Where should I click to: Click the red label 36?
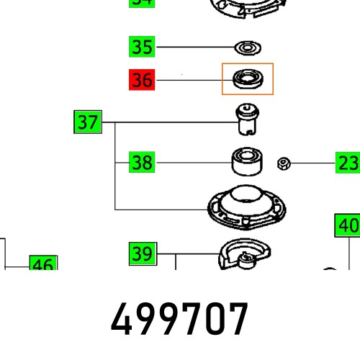pyautogui.click(x=142, y=79)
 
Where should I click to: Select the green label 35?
pyautogui.click(x=142, y=48)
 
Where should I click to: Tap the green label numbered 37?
pyautogui.click(x=88, y=122)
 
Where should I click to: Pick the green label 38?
pyautogui.click(x=142, y=163)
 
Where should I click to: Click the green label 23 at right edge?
pyautogui.click(x=348, y=163)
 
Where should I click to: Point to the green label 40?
pyautogui.click(x=348, y=225)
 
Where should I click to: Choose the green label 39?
pyautogui.click(x=142, y=253)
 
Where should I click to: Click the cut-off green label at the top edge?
pyautogui.click(x=142, y=3)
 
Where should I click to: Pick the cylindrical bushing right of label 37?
pyautogui.click(x=248, y=120)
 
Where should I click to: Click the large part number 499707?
pyautogui.click(x=179, y=320)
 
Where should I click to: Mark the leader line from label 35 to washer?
pyautogui.click(x=194, y=48)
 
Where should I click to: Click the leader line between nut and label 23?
pyautogui.click(x=312, y=163)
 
